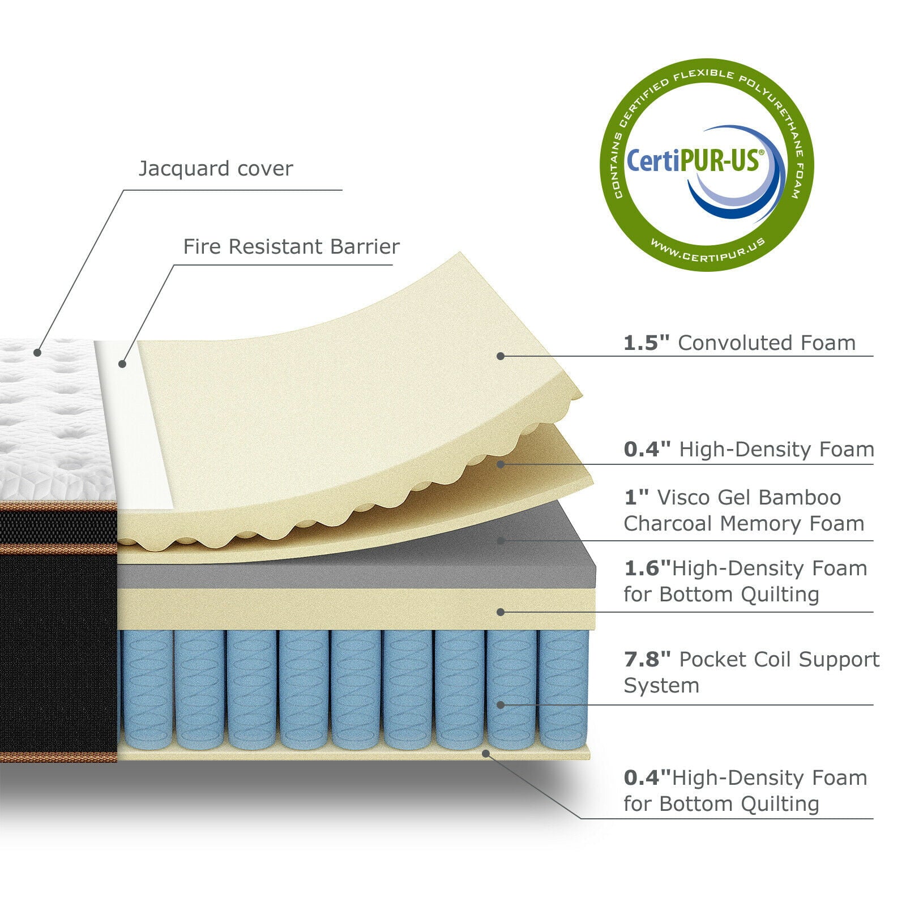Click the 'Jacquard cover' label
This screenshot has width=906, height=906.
[216, 169]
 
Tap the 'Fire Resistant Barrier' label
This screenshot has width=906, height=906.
[291, 247]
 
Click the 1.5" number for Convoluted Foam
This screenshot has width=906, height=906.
[646, 343]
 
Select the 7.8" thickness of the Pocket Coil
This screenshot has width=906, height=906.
[647, 660]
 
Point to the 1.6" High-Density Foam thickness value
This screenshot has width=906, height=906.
[647, 569]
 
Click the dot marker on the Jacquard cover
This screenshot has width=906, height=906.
[37, 352]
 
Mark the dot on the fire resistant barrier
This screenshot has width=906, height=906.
[122, 364]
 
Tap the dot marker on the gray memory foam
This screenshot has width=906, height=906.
[501, 541]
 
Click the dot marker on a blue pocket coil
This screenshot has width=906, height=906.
[501, 705]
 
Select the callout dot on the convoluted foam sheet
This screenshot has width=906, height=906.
[501, 356]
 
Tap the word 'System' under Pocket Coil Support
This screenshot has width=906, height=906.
[661, 686]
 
